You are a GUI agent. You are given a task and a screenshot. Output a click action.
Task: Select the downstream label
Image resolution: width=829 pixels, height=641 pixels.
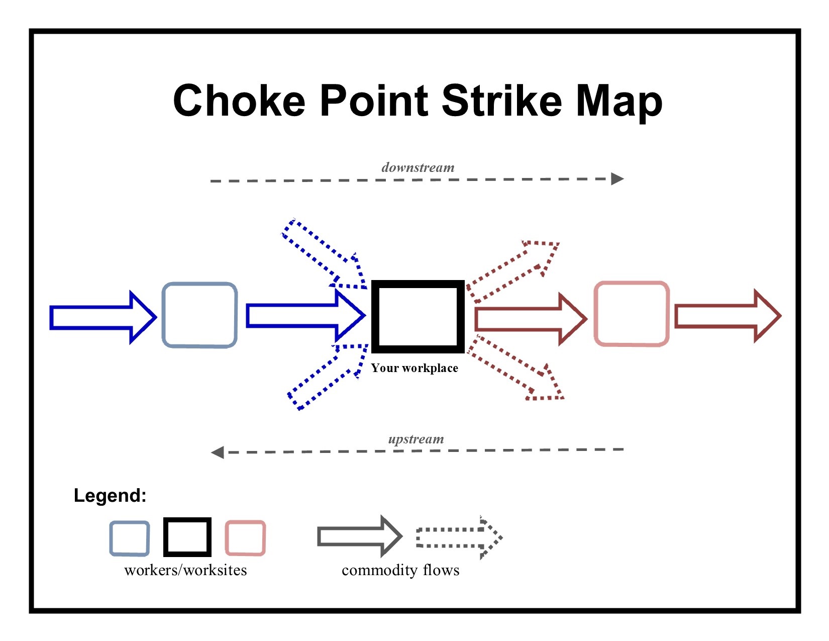[x=418, y=167]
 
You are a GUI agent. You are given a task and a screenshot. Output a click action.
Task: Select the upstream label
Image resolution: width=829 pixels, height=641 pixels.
[x=416, y=439]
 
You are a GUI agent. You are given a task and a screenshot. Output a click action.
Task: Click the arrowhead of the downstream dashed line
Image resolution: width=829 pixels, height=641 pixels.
[x=617, y=179]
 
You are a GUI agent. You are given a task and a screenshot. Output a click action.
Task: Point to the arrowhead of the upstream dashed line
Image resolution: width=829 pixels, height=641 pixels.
[x=218, y=452]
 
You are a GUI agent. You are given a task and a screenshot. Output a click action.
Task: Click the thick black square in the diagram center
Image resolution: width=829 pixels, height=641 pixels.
[x=418, y=316]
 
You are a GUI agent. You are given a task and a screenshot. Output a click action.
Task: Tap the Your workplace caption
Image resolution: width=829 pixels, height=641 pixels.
[x=414, y=368]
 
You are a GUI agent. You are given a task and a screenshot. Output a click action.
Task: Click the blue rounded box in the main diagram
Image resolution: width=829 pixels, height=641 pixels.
[x=199, y=315]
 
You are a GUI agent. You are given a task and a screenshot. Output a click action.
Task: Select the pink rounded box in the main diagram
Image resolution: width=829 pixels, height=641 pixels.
[x=632, y=314]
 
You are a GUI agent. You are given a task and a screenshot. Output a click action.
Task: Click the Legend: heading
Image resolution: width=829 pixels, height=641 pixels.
[x=110, y=496]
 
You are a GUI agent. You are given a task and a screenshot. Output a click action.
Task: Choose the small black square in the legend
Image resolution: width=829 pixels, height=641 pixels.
[x=187, y=537]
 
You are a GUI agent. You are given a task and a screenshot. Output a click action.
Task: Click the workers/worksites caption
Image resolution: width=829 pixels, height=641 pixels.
[x=185, y=571]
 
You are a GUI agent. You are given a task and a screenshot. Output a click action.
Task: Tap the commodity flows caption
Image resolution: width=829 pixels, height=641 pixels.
[x=400, y=571]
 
